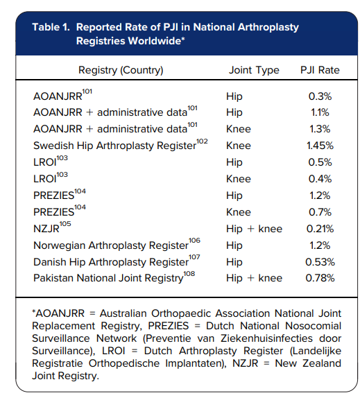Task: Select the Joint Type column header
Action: pos(254,70)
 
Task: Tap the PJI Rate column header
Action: pos(320,70)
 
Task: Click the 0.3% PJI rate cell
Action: pos(320,96)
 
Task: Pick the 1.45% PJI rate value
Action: pos(320,146)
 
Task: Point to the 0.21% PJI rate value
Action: pos(320,229)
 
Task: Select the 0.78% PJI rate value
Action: pos(320,279)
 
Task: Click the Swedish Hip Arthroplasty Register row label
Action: pos(119,146)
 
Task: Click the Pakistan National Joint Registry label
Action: pos(108,279)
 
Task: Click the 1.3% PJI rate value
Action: pos(320,129)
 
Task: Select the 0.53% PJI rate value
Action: pos(320,262)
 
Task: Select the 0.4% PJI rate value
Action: pos(320,179)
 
